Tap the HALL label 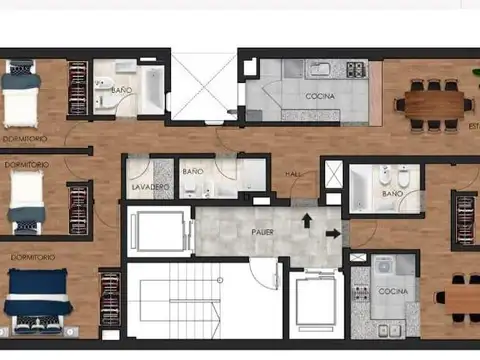click(294, 174)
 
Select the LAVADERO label click(150, 188)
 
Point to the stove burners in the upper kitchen click(355, 70)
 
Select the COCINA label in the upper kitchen click(321, 96)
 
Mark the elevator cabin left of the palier click(157, 232)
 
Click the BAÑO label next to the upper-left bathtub click(122, 90)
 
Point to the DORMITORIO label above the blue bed click(33, 257)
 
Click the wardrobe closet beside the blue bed click(109, 298)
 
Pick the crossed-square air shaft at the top click(203, 86)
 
